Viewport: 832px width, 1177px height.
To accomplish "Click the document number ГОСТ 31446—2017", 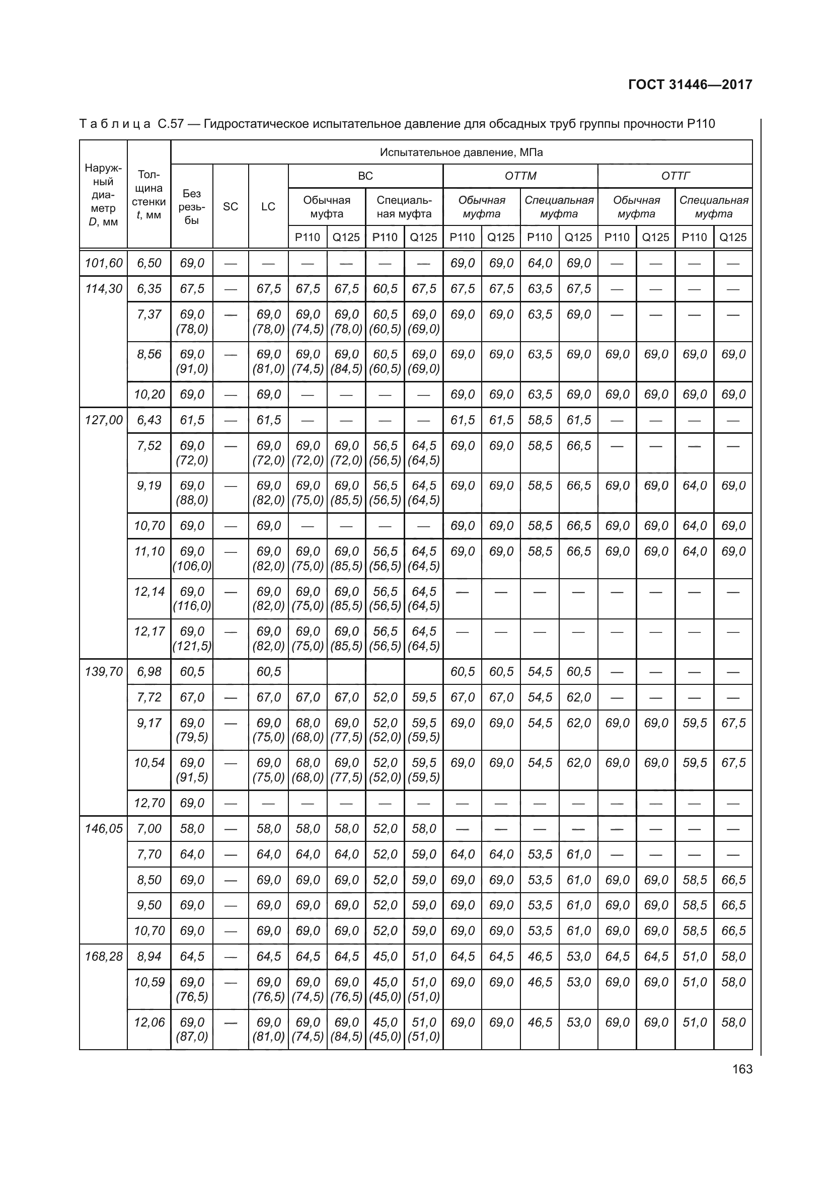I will coord(690,85).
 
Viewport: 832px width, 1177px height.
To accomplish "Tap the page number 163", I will coord(742,1069).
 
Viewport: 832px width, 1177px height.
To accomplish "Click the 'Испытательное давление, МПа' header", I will coord(461,152).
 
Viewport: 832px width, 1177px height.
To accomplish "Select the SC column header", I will coord(231,207).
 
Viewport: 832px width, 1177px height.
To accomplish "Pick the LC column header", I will coord(268,207).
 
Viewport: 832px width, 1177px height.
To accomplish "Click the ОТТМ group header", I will coord(520,176).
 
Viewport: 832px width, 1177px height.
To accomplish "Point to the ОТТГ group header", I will coord(675,176).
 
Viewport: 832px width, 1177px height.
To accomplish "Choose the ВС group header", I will coord(365,176).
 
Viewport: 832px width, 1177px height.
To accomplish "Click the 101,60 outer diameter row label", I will coord(104,263).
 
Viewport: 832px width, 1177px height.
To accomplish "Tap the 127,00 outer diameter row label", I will coord(104,420).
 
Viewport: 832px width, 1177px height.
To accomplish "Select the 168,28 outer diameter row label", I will coord(104,956).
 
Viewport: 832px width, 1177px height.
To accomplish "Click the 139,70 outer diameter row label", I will coord(104,671).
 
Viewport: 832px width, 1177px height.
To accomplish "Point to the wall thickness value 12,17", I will coord(149,631).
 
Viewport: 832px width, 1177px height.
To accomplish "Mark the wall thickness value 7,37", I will coord(149,314).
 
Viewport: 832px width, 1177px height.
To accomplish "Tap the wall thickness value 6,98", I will coord(149,671).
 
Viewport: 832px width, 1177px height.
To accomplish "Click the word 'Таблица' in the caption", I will coord(115,124).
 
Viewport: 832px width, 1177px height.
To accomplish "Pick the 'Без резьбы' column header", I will coord(192,207).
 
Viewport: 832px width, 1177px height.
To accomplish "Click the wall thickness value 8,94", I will coord(149,956).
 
